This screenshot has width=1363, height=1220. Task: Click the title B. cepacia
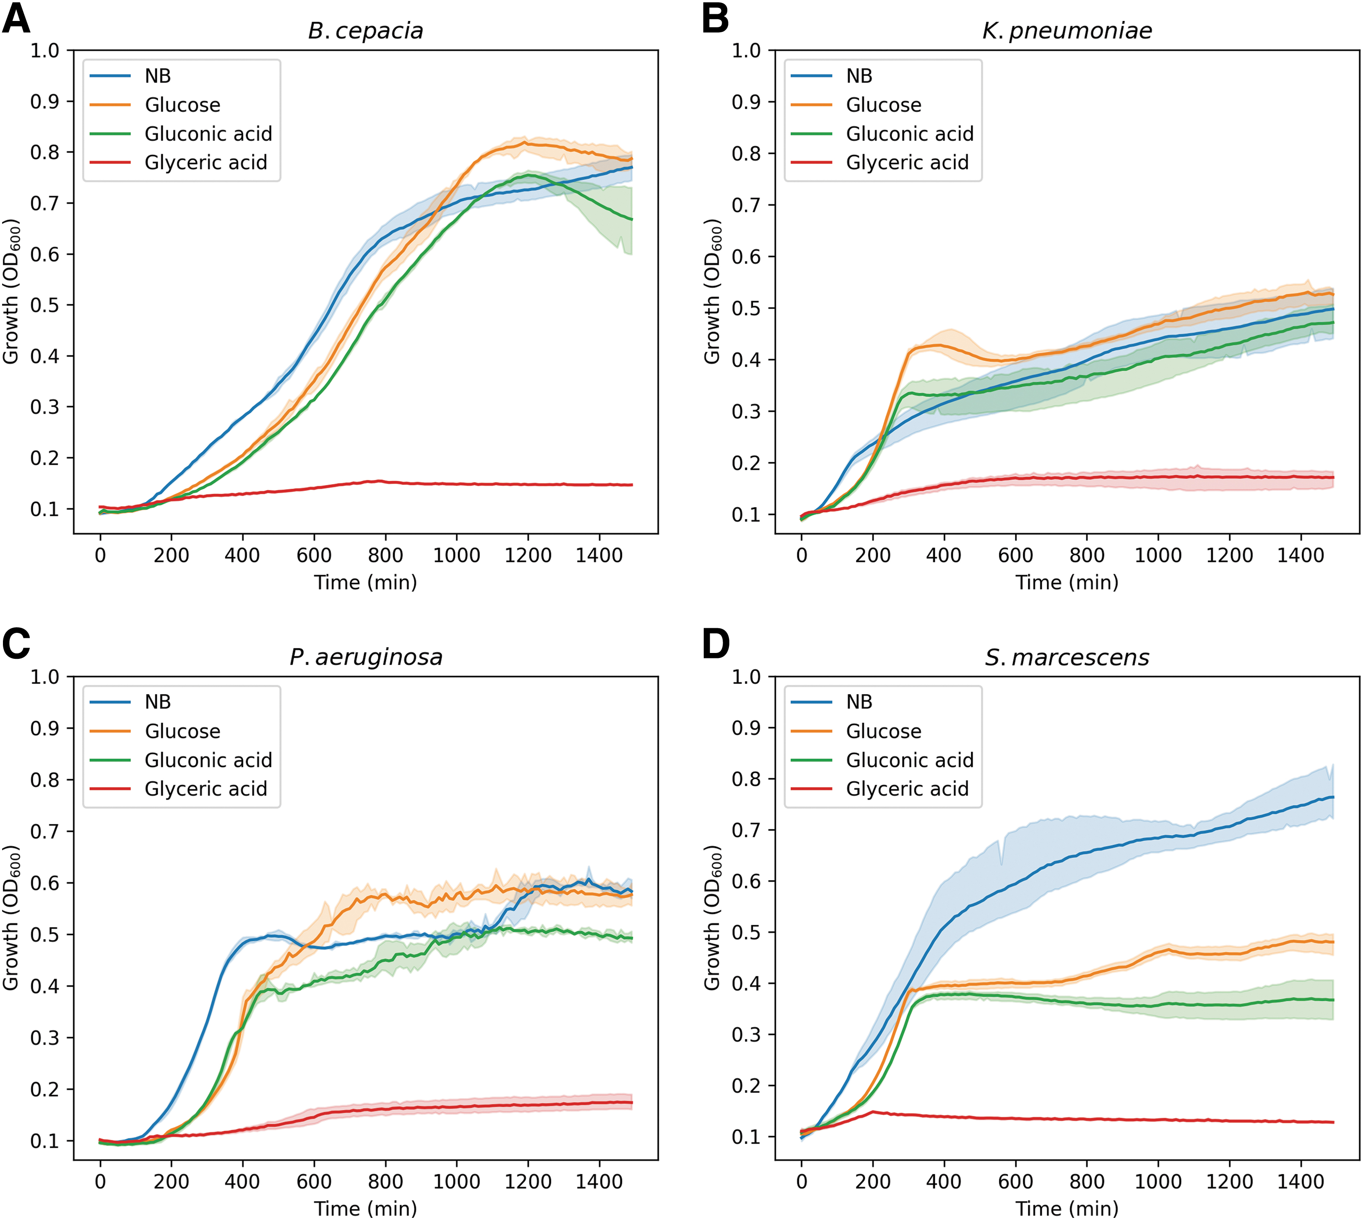(366, 31)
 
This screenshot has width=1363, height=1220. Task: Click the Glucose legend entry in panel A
(182, 105)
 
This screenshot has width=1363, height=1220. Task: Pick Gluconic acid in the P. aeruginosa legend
(208, 760)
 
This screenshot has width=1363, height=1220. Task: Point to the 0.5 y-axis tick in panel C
(44, 935)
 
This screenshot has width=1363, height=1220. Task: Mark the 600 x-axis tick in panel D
(1016, 1181)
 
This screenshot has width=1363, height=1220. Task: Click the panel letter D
(716, 644)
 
